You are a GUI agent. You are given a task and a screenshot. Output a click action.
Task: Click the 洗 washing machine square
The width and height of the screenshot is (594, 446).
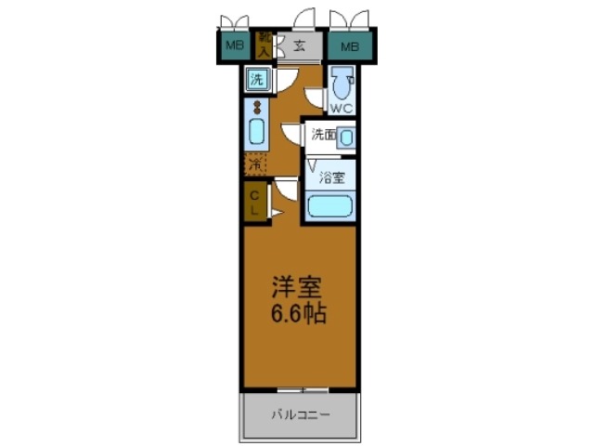(x=257, y=80)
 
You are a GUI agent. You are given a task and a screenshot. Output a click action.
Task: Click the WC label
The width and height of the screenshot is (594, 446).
(x=341, y=109)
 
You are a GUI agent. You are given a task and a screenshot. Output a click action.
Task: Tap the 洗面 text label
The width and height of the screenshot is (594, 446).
(x=322, y=135)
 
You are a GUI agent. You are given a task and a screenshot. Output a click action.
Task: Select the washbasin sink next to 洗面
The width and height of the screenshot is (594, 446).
(x=345, y=138)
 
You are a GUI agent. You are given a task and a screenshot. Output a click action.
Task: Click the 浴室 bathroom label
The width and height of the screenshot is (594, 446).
(x=333, y=176)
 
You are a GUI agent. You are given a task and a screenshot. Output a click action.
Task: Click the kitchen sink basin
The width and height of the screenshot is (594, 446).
(x=256, y=132)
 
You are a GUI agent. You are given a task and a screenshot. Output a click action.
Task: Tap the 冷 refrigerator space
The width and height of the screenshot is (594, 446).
(x=255, y=164)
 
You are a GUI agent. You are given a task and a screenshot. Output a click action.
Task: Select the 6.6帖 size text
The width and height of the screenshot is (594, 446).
(x=298, y=313)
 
